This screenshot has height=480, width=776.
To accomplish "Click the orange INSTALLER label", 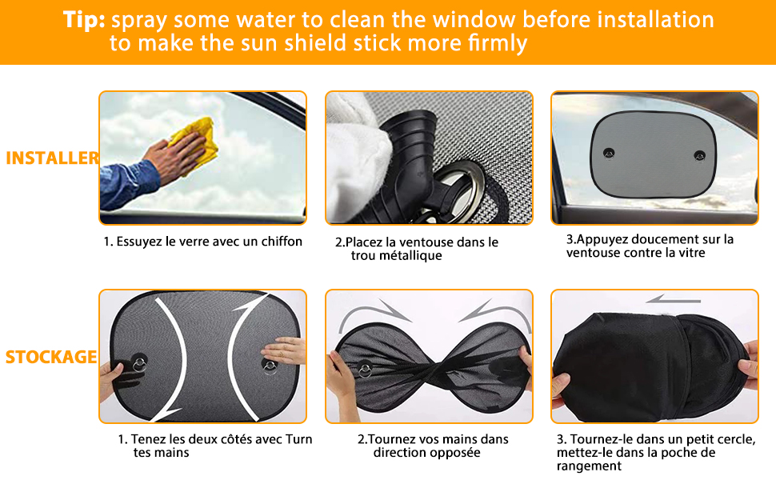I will coord(52,158).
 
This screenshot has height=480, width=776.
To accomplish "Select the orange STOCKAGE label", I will coord(50,357).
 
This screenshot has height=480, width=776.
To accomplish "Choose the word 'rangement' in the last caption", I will coord(589,466).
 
